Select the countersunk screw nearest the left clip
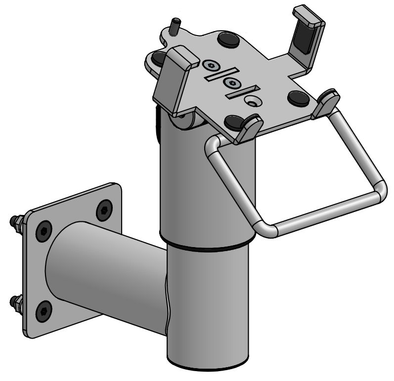pos(212,66)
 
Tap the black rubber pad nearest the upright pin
pos(228,39)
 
